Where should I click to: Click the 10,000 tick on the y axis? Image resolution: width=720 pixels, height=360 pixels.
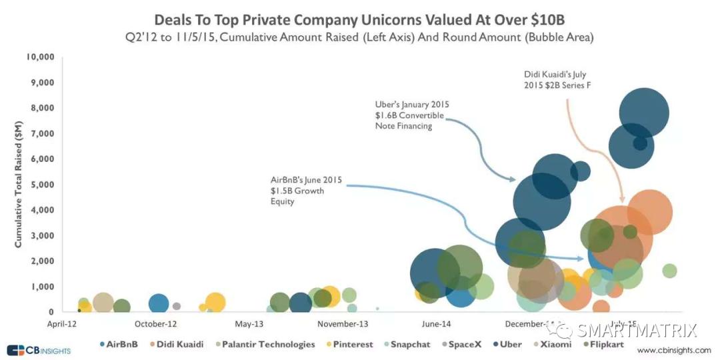[41, 57]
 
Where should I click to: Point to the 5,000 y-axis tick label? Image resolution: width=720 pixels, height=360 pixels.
[43, 185]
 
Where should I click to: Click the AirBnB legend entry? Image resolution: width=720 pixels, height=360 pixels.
[122, 345]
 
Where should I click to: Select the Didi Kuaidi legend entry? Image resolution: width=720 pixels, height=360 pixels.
[175, 345]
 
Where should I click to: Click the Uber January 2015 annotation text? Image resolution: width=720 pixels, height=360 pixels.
[412, 115]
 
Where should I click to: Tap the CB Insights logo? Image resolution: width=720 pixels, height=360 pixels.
[38, 350]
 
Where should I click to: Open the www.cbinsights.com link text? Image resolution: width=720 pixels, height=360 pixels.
[673, 350]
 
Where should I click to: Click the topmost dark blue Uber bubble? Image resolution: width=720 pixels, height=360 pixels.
[643, 112]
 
